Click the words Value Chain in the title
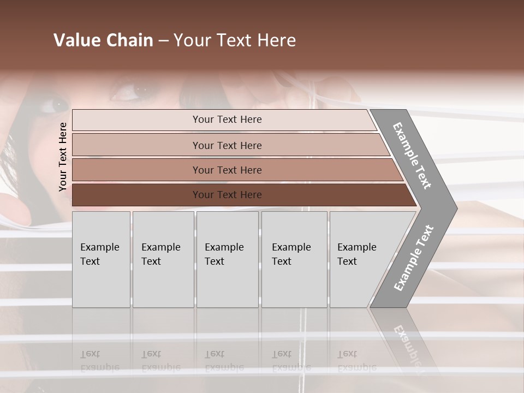[103, 40]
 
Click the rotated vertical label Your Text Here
[63, 157]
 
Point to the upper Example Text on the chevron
[412, 156]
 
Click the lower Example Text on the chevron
[414, 258]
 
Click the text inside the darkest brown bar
[227, 195]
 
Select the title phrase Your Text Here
[235, 40]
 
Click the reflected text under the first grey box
[99, 360]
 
